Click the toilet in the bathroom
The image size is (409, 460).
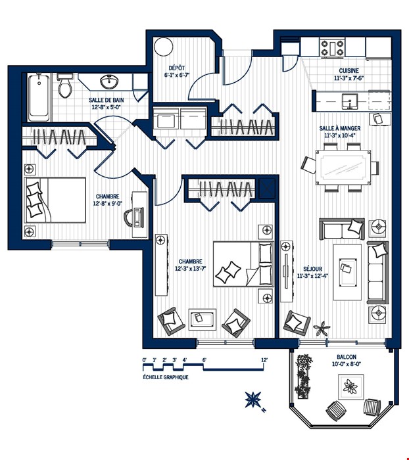[x=64, y=85]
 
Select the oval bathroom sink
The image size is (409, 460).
[x=109, y=81]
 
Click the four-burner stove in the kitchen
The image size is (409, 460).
[x=332, y=48]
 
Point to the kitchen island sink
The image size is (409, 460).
[x=350, y=101]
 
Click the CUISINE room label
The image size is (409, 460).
[x=349, y=71]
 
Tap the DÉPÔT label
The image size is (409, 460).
[x=177, y=68]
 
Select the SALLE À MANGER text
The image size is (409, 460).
[x=340, y=129]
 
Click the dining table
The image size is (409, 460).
[x=343, y=168]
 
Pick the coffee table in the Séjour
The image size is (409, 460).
[x=347, y=272]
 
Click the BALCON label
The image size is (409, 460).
[x=347, y=357]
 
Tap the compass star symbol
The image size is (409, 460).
[x=253, y=400]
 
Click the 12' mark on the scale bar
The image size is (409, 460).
[x=264, y=360]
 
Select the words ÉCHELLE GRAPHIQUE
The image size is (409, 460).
[x=166, y=377]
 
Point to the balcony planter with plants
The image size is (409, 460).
[x=303, y=377]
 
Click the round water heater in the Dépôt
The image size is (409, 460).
[x=163, y=47]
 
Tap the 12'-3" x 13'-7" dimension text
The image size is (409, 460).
[x=190, y=268]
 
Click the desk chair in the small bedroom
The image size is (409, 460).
[x=129, y=218]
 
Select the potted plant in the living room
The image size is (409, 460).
[x=322, y=329]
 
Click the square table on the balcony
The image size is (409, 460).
[x=351, y=387]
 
